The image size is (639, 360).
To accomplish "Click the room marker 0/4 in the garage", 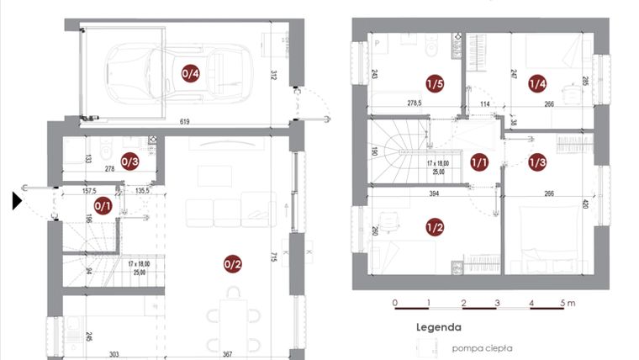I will (191, 74).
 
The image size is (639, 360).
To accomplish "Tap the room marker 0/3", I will (129, 161).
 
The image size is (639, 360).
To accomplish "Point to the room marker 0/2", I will (233, 264).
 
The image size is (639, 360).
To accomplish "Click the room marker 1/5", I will (435, 83).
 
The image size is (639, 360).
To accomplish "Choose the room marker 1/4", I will (537, 83).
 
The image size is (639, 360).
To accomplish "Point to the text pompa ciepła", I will (482, 347).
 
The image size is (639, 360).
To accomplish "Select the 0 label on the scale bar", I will (395, 303).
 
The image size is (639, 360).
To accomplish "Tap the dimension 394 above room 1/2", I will (435, 193).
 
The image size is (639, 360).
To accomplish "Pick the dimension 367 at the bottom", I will (226, 354).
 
